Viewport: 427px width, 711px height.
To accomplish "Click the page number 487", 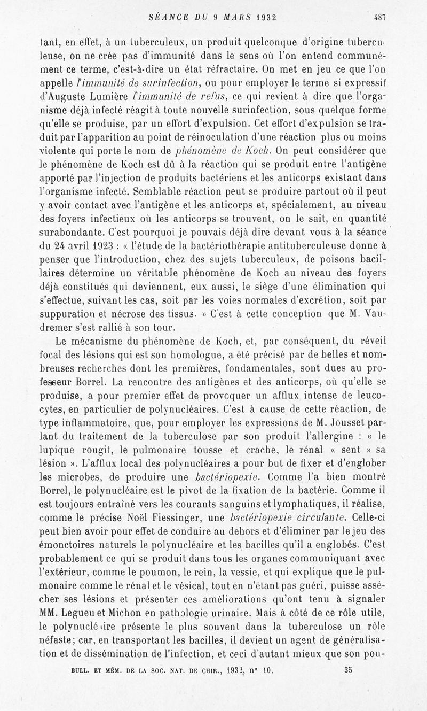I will pos(379,17).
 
